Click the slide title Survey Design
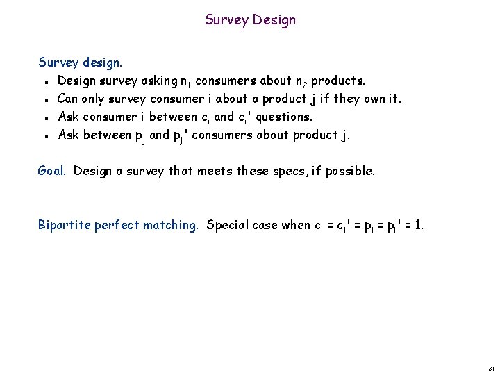[x=250, y=20]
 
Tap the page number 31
[x=491, y=367]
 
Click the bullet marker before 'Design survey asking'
[x=44, y=82]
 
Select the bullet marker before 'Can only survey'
[x=44, y=100]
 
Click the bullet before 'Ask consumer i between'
[x=44, y=118]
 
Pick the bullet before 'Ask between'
[x=44, y=136]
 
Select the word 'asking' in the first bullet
[x=159, y=81]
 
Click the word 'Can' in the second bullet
[x=67, y=99]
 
